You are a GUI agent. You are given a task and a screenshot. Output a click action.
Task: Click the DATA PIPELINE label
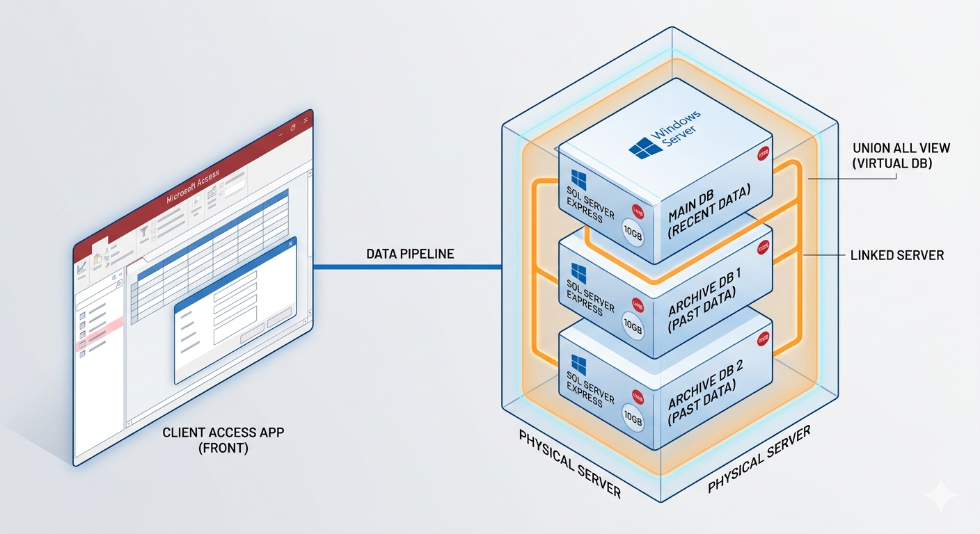click(x=410, y=254)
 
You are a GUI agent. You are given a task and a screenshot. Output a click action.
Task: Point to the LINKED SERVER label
click(x=896, y=255)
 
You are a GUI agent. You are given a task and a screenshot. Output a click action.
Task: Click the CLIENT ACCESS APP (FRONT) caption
click(x=223, y=439)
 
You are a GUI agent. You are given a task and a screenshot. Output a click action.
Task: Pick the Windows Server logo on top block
click(x=645, y=147)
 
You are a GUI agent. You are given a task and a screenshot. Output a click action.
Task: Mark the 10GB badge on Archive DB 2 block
click(x=633, y=417)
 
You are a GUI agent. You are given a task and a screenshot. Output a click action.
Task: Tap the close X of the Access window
click(x=305, y=121)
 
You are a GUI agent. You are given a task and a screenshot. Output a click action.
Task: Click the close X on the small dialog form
click(x=290, y=244)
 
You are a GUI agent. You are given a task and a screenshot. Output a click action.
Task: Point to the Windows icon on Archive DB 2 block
click(x=578, y=364)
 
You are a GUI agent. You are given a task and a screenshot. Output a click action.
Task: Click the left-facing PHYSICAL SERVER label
click(x=570, y=462)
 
